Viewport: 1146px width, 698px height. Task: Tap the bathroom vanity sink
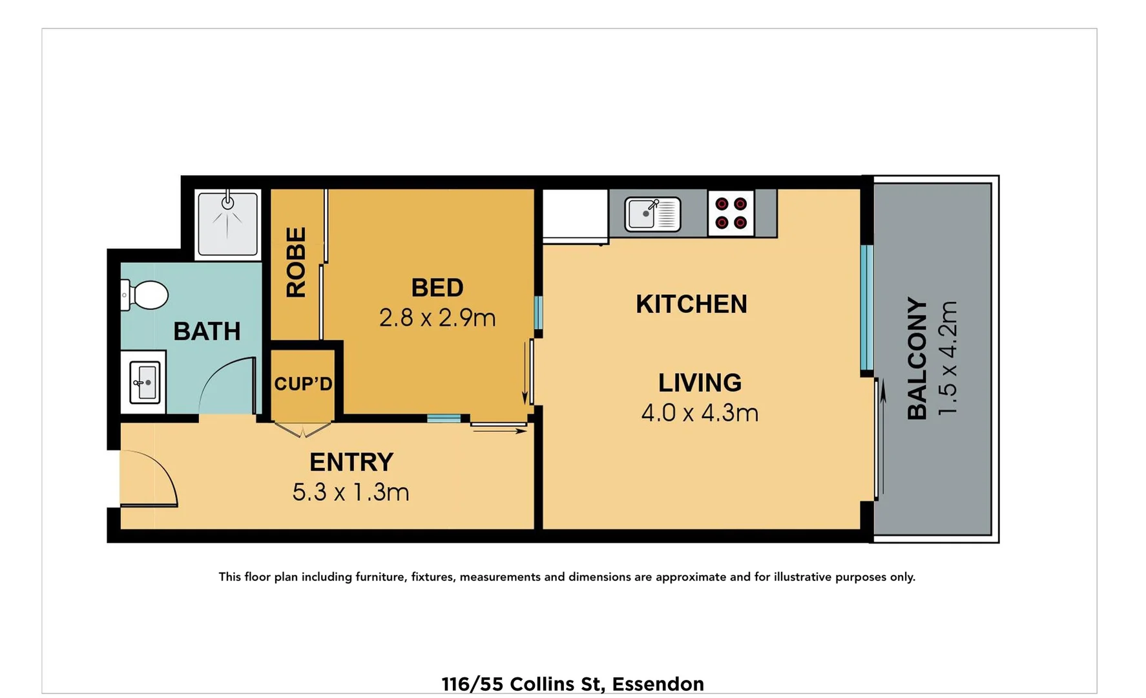(x=145, y=383)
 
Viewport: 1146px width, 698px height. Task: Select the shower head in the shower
(x=227, y=202)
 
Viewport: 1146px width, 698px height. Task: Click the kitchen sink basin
(x=642, y=213)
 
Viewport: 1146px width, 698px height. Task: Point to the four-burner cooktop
(x=731, y=213)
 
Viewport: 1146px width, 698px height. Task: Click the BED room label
(x=437, y=288)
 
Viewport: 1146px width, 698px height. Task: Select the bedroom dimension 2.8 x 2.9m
(x=437, y=318)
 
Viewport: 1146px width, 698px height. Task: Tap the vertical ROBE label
(x=296, y=262)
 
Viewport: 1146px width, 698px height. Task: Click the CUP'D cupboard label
(x=303, y=384)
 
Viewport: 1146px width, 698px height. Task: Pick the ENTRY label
(x=351, y=463)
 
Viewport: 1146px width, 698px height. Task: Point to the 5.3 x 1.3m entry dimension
(x=351, y=492)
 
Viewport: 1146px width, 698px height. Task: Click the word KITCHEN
(x=691, y=304)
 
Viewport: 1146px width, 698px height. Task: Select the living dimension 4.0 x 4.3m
(x=700, y=413)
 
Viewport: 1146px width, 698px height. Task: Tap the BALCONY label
(x=917, y=358)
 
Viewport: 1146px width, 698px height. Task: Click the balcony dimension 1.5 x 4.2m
(x=948, y=358)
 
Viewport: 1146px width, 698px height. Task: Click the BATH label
(x=207, y=332)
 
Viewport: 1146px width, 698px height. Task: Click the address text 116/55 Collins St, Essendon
(x=572, y=684)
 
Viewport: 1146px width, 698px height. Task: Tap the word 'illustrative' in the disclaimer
(x=802, y=577)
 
